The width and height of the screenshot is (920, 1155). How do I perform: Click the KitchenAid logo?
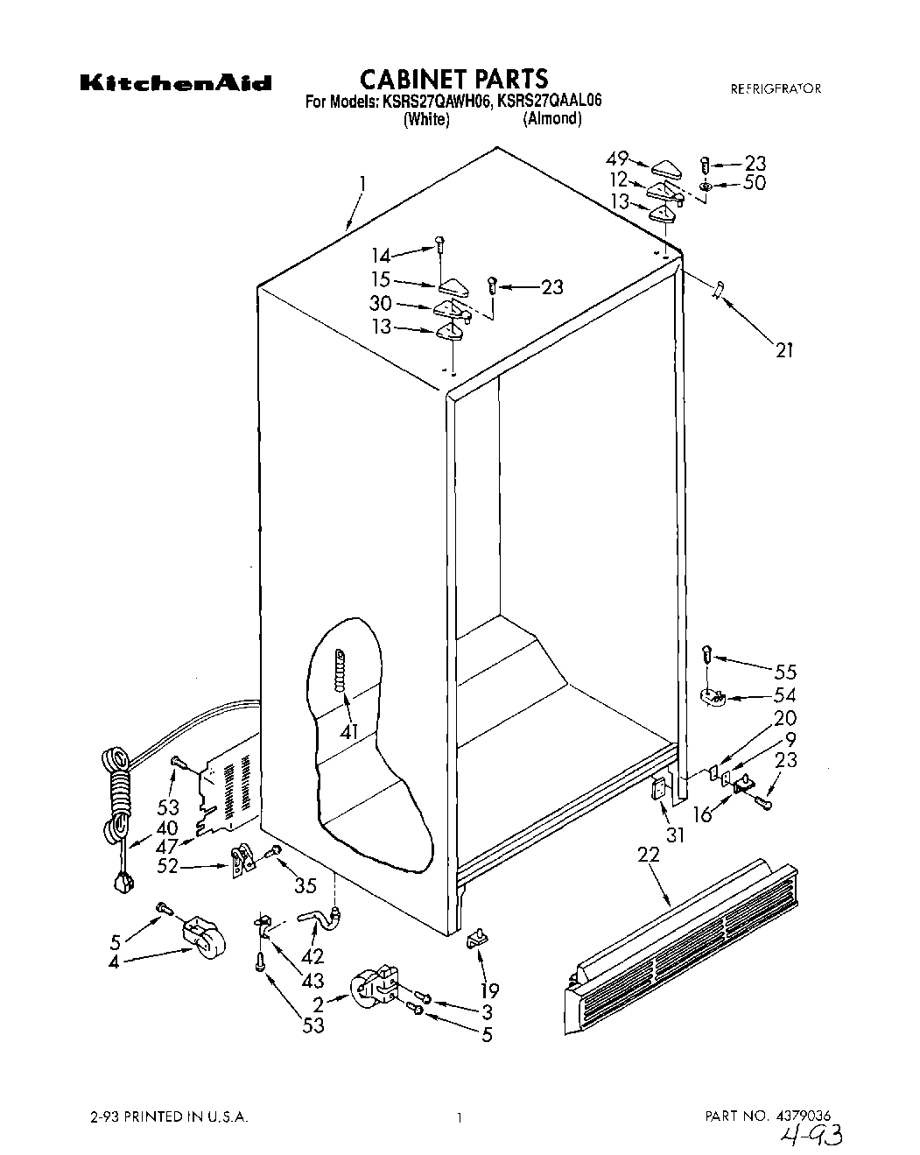point(176,84)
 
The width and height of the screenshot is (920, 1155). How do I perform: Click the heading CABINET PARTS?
point(454,80)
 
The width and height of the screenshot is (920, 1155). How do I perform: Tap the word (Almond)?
point(551,119)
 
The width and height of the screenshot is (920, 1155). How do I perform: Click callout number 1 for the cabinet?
point(362,185)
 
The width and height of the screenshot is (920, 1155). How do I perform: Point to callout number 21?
point(783,350)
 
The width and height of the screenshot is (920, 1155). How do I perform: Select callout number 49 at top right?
point(617,159)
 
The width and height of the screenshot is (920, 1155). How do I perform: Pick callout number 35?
point(305,885)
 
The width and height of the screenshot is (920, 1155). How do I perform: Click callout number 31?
point(674,835)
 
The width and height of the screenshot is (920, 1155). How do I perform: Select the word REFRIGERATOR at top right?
point(776,88)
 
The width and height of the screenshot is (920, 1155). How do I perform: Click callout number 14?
point(382,256)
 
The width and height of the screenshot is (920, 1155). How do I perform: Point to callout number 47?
point(165,846)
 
